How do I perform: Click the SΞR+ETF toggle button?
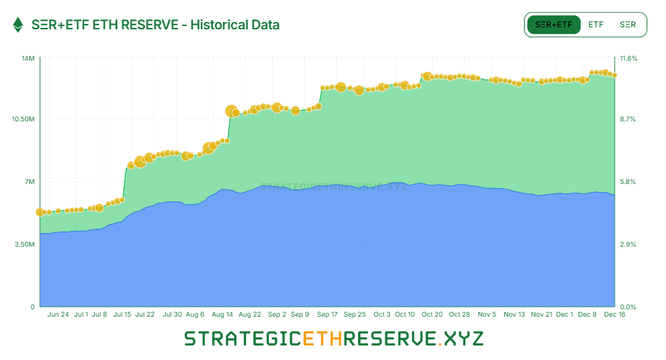(553, 25)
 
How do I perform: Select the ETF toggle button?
(596, 25)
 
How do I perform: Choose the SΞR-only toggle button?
(627, 25)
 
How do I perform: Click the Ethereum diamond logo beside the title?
(18, 25)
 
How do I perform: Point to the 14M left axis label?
(28, 59)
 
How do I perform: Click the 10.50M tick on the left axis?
(23, 119)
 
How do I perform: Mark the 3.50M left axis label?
(25, 245)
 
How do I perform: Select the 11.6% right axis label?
(629, 59)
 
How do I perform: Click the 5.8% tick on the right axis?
(627, 182)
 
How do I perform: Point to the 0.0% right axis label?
(627, 307)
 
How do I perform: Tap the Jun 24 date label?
(59, 315)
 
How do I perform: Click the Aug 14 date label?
(223, 315)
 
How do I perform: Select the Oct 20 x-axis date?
(432, 315)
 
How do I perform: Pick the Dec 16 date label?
(613, 315)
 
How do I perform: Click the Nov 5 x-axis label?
(487, 315)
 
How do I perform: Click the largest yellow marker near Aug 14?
(231, 111)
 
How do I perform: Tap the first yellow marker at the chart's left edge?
(40, 212)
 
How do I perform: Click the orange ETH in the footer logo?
(322, 339)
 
